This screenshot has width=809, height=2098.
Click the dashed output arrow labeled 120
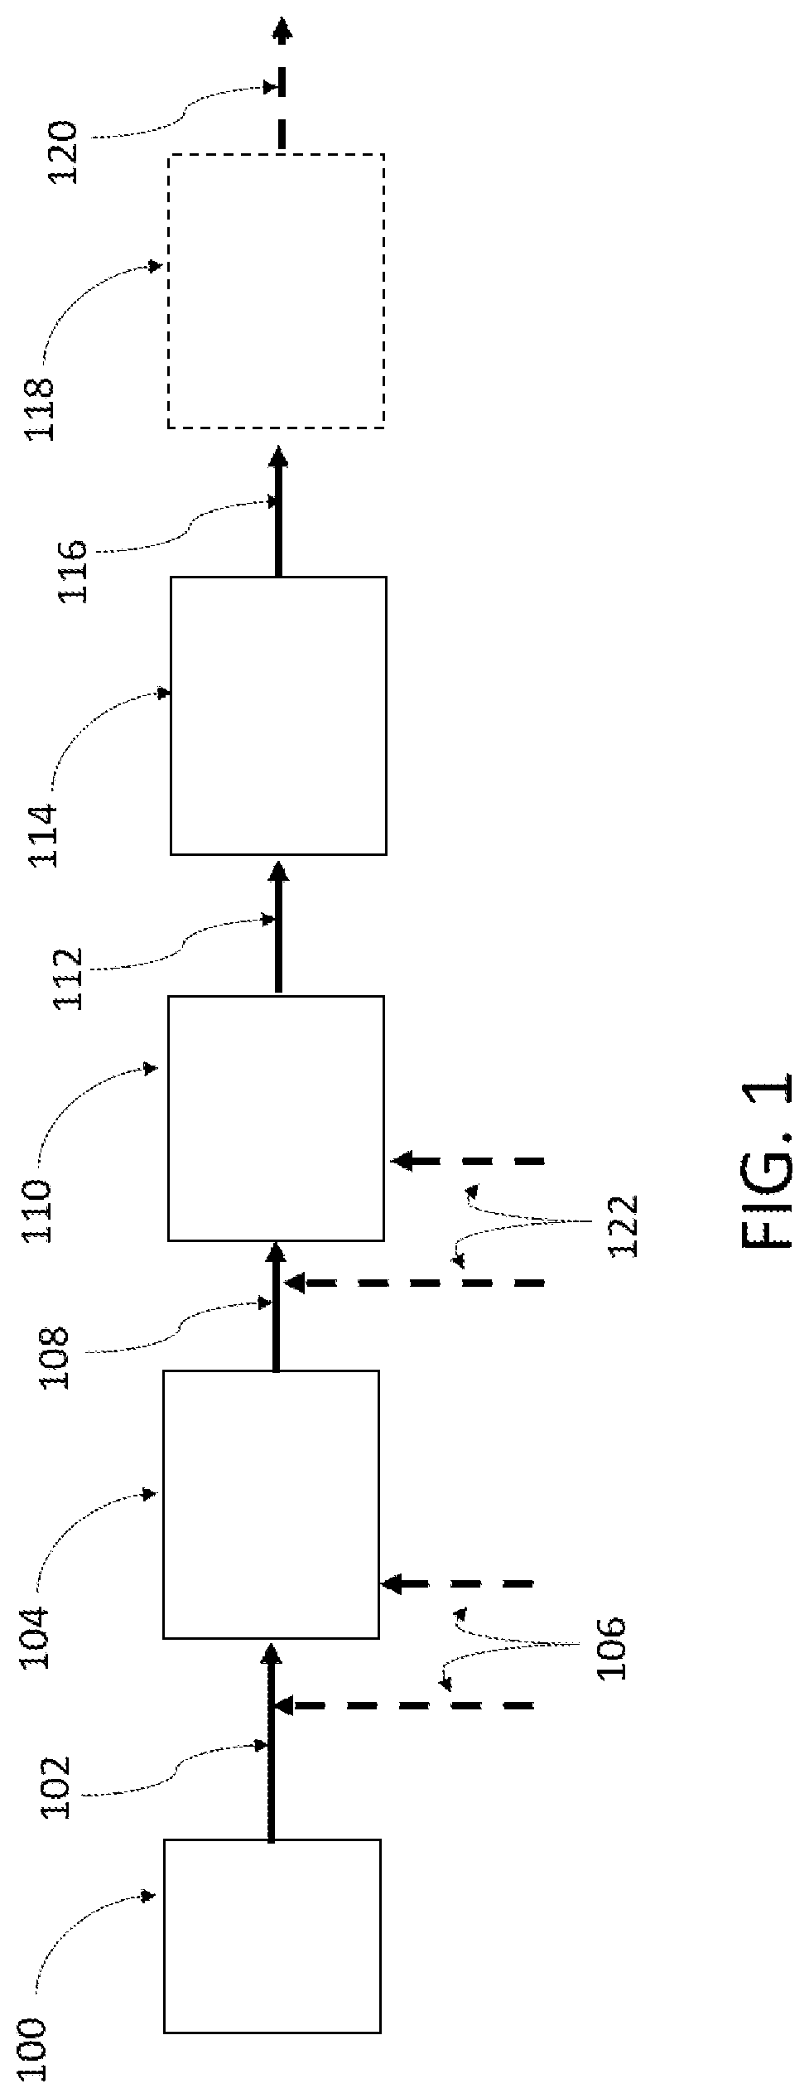coord(282,84)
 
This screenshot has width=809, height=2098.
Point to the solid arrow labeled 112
coord(278,926)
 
